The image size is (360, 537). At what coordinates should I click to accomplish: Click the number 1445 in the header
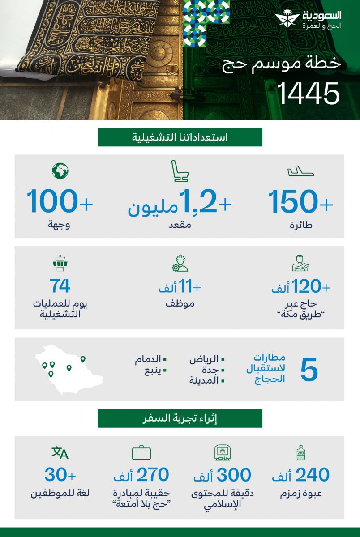click(309, 94)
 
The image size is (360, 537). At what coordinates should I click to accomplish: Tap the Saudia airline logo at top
click(309, 20)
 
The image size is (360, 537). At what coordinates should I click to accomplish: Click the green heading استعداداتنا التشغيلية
click(180, 137)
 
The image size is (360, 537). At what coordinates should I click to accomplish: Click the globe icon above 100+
click(60, 170)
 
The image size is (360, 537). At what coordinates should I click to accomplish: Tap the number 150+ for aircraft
click(300, 202)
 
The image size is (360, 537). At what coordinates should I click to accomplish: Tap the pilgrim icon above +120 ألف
click(300, 263)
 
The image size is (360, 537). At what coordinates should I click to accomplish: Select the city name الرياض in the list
click(204, 359)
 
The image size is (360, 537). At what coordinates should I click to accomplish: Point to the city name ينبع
click(151, 370)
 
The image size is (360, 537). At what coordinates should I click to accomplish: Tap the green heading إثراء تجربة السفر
click(180, 418)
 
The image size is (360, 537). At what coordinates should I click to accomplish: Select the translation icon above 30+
click(60, 453)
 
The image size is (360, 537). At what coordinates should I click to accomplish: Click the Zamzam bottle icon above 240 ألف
click(300, 453)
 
